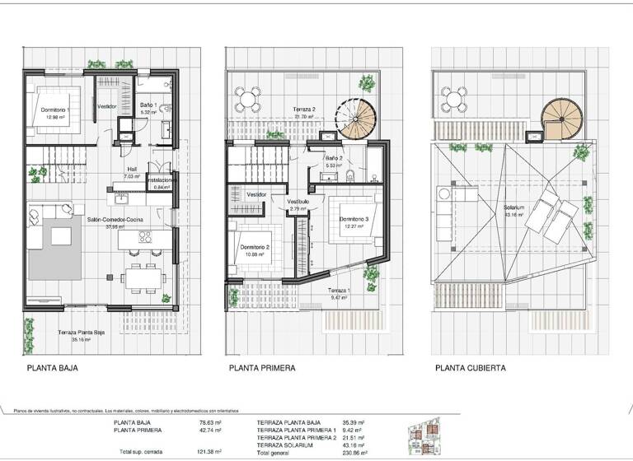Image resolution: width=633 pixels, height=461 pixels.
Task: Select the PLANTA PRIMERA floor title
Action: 262,368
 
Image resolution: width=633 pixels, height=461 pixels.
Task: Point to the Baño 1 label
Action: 148,106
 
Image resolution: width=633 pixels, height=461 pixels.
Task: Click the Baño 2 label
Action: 334,158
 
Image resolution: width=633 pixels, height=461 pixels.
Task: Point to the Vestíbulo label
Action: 298,202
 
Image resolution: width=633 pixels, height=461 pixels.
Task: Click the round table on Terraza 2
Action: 246,101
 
